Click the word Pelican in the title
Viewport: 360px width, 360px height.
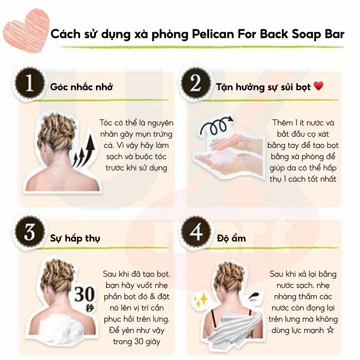coord(212,34)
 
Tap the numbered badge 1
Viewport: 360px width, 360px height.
coord(30,83)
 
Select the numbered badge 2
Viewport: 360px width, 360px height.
coord(195,83)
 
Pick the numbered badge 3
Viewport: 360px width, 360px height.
coord(30,232)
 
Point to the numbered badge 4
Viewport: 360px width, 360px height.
coord(195,232)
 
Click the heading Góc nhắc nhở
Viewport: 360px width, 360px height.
coord(82,87)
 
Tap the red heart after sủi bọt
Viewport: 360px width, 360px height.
coord(318,86)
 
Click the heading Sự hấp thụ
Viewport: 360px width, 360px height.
coord(75,238)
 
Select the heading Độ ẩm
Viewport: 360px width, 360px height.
coord(231,238)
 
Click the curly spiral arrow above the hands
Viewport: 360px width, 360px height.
coord(216,126)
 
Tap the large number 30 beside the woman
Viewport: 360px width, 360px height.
coord(84,294)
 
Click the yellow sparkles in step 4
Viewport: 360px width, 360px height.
coord(200,300)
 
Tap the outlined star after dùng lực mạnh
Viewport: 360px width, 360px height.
coord(330,330)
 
